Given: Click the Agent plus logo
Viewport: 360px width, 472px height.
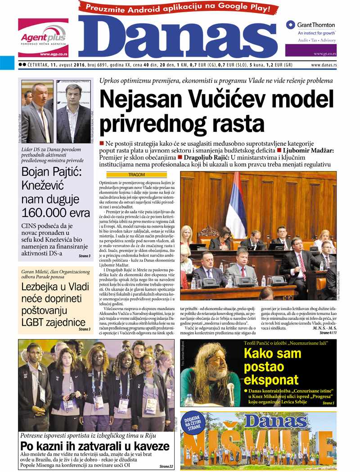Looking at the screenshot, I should click(x=43, y=38).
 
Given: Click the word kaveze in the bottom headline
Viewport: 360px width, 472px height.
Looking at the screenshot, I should click(x=149, y=446).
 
